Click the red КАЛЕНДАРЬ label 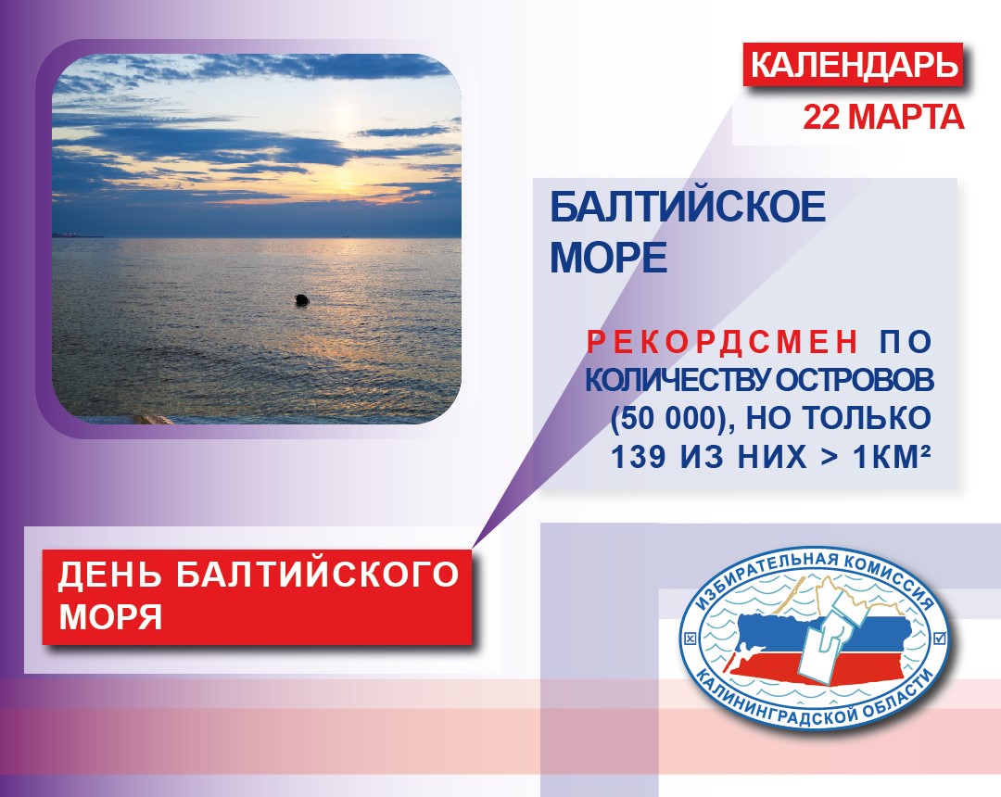[853, 65]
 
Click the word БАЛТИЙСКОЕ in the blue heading [688, 207]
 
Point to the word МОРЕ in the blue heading [608, 258]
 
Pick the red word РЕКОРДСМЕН [723, 342]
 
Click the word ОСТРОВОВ [855, 380]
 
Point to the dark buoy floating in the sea [301, 299]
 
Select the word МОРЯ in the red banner [109, 617]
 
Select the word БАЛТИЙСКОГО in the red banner [317, 573]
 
